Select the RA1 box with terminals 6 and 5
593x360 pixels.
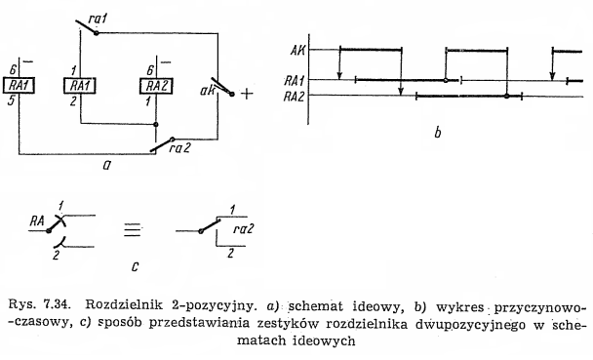point(21,86)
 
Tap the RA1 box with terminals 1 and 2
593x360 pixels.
point(79,86)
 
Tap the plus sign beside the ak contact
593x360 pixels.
point(247,95)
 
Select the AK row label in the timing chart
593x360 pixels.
point(299,49)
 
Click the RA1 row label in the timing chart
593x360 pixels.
point(297,81)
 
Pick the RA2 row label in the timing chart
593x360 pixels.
point(297,96)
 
